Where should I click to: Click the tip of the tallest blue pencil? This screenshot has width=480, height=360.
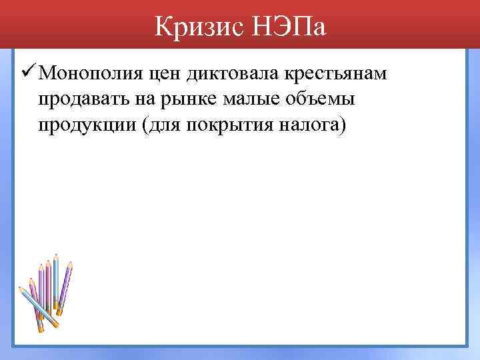point(56,255)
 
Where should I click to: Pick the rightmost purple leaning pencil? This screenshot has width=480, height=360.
point(65,287)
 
